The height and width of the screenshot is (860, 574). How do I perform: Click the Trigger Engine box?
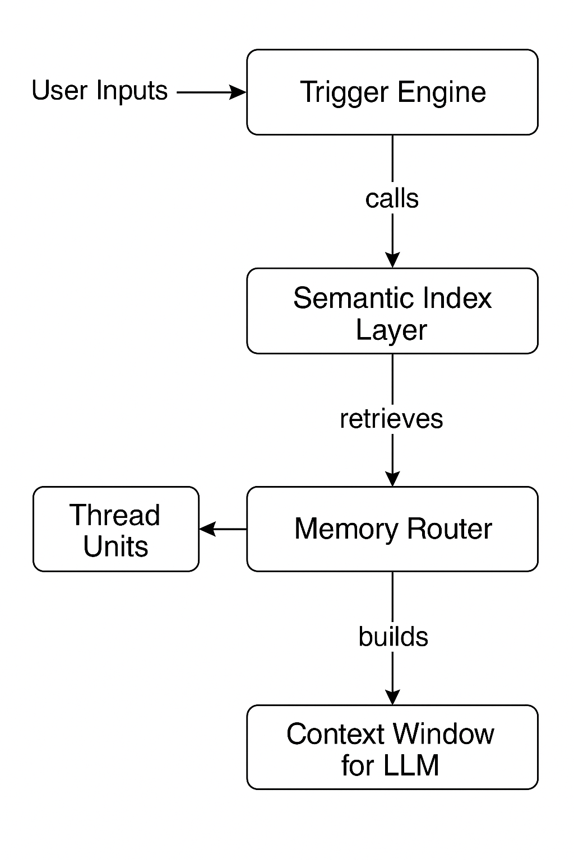(392, 92)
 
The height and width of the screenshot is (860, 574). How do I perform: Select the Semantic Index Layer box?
(392, 311)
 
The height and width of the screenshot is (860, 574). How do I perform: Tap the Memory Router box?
(392, 529)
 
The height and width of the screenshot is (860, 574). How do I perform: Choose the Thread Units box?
(116, 529)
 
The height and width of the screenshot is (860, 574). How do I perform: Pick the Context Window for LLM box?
(392, 747)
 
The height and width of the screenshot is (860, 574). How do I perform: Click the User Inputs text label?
(100, 91)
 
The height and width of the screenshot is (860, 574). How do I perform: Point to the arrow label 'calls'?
(392, 199)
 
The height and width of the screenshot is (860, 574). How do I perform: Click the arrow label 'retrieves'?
(391, 419)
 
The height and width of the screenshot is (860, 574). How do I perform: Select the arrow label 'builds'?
(393, 637)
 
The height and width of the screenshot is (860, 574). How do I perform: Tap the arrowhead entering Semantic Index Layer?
(392, 260)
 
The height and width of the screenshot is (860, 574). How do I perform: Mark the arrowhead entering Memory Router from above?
(392, 479)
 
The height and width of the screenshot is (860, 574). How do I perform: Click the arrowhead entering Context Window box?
(392, 698)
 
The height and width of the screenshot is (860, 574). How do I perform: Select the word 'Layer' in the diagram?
(391, 330)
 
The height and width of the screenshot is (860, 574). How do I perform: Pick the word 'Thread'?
(115, 515)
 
